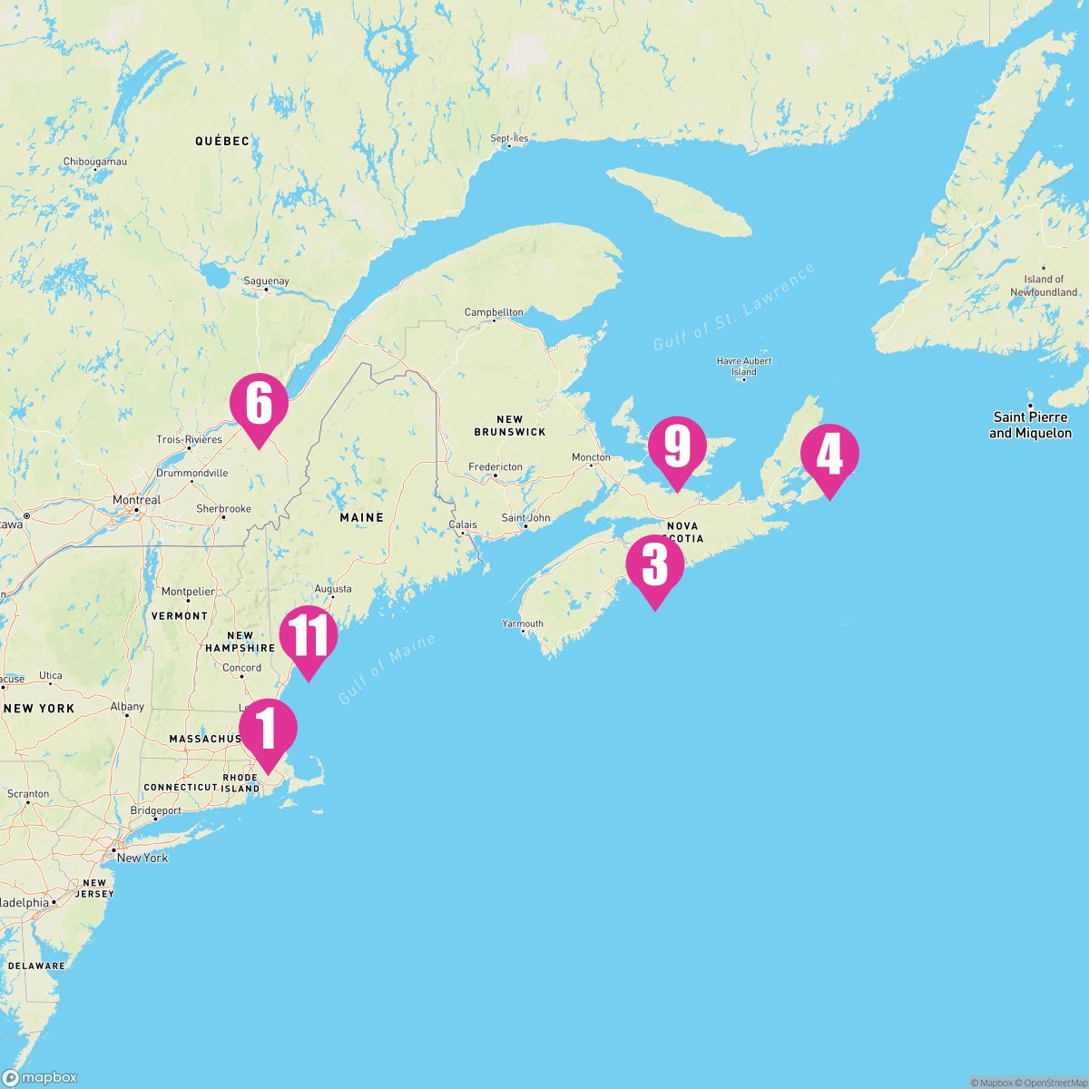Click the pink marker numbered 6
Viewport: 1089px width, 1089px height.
[x=259, y=405]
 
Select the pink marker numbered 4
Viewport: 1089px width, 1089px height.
[x=829, y=455]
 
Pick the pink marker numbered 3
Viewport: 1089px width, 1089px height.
[x=654, y=565]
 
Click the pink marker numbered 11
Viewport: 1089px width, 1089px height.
[x=309, y=637]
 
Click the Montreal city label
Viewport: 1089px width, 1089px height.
[x=136, y=500]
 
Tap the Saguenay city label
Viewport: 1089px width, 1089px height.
[x=266, y=281]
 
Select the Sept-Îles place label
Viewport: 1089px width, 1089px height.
[x=509, y=138]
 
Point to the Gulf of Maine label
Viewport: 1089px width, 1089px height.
[x=387, y=670]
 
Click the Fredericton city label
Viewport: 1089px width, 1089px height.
[x=495, y=466]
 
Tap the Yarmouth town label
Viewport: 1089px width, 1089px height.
[x=523, y=623]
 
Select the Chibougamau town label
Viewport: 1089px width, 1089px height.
[x=94, y=162]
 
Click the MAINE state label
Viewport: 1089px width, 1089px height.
[x=361, y=517]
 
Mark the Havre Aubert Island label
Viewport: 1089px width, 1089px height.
[x=744, y=366]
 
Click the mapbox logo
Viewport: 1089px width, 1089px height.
[x=40, y=1077]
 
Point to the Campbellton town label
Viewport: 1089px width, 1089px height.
[x=494, y=312]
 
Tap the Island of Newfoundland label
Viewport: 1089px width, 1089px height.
[x=1044, y=286]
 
